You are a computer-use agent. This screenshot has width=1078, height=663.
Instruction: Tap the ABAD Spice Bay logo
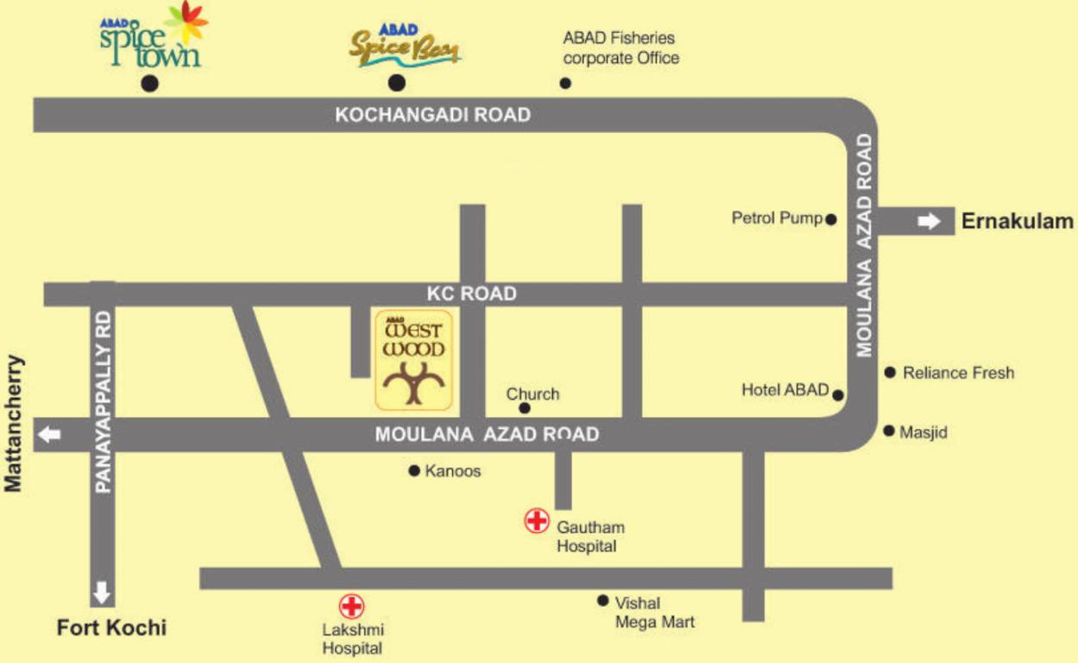point(404,47)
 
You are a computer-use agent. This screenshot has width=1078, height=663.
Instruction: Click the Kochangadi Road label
point(432,115)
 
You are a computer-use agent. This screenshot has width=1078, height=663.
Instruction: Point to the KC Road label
point(472,294)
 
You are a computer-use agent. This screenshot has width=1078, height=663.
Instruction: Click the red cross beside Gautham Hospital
point(537,521)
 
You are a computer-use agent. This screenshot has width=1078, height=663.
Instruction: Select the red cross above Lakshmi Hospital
point(351,605)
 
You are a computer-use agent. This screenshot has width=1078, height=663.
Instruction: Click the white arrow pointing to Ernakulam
point(929,222)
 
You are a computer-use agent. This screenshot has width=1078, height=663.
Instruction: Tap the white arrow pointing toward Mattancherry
point(50,434)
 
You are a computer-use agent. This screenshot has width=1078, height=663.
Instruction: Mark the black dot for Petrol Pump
point(831,220)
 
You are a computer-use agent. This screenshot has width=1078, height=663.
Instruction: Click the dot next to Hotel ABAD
point(838,395)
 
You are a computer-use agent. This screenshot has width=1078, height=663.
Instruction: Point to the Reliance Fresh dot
point(890,372)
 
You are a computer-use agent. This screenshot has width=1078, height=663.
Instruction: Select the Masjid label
point(924,433)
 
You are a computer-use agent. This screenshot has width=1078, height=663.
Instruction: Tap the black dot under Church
point(525,408)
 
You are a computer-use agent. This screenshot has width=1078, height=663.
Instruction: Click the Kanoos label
point(453,471)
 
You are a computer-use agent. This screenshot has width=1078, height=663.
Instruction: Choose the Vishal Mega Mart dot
point(602,601)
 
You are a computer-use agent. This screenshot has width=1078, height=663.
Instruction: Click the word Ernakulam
point(1018,222)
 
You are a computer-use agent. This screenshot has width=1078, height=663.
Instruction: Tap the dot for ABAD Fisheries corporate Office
point(565,84)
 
